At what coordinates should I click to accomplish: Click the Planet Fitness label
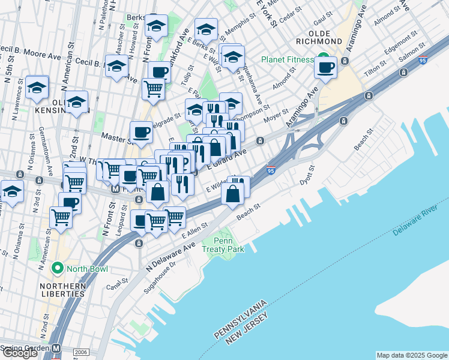point(287,59)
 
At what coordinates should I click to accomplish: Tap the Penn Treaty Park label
point(223,245)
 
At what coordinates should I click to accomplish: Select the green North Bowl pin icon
point(58,267)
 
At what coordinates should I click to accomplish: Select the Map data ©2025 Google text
point(411,355)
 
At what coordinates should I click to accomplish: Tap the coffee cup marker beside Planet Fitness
point(326,67)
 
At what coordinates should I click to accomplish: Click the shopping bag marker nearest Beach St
point(233,194)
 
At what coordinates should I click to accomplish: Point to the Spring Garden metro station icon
point(56,348)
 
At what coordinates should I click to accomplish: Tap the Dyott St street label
point(307,176)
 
